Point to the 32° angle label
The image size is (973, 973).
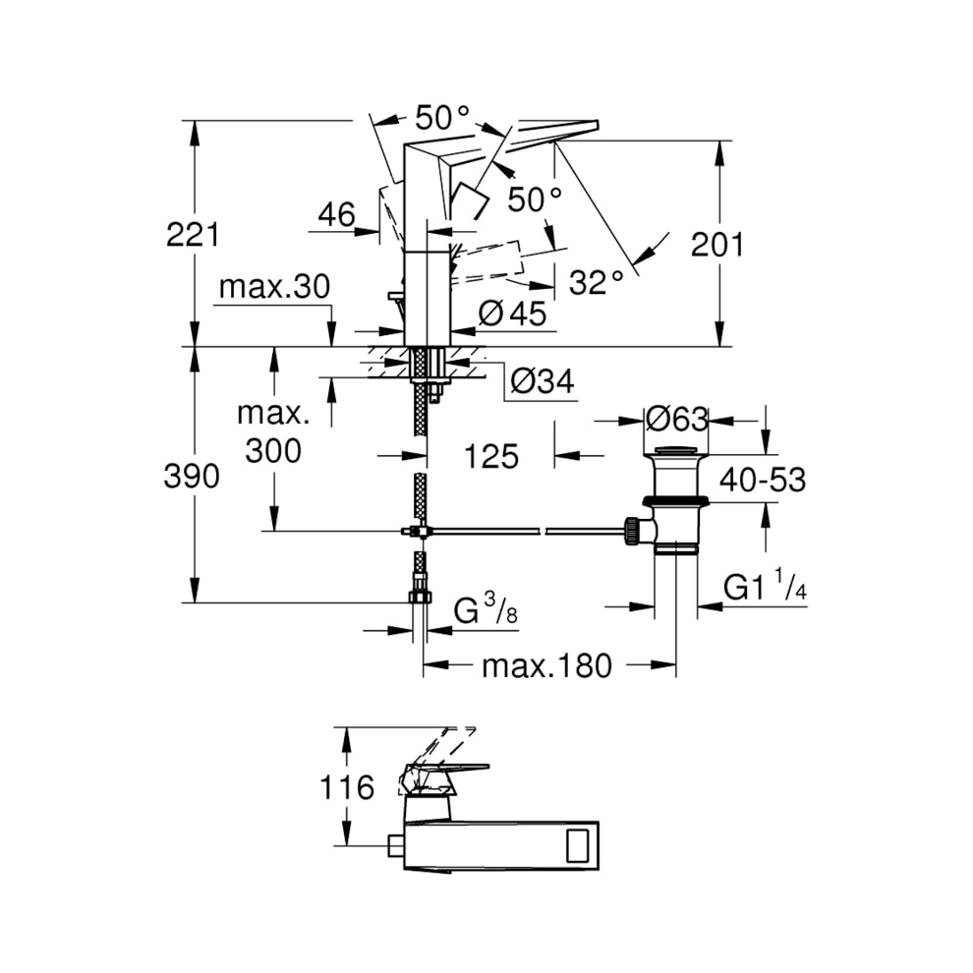(597, 283)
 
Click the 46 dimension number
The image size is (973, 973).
(336, 215)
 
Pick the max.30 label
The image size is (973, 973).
(274, 288)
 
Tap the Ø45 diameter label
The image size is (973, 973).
(512, 314)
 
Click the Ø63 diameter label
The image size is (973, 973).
(676, 420)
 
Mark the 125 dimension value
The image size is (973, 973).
(490, 456)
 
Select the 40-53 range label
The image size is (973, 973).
(762, 480)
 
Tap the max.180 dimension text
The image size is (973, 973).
(546, 666)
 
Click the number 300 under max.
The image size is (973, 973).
(273, 451)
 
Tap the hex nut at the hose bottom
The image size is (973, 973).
(421, 597)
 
